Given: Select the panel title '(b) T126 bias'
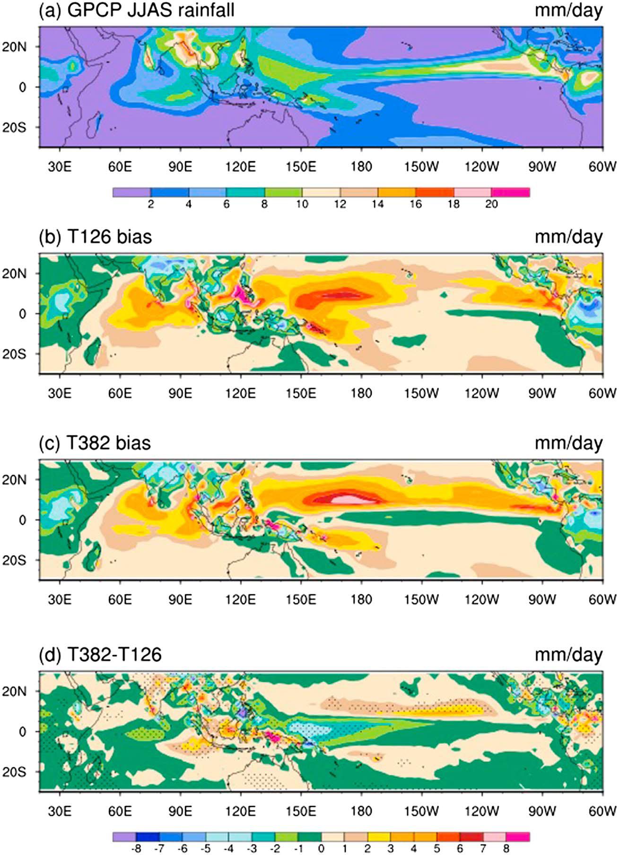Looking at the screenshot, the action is pos(95,236).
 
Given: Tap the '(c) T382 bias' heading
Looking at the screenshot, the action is pos(95,443).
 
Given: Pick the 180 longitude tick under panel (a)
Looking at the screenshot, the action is pos(361,167).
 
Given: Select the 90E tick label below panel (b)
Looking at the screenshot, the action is pos(180,393).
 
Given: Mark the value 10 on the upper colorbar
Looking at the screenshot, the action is pos(302,204).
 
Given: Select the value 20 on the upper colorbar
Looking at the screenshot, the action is pos(492,204).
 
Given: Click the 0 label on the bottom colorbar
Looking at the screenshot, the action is pos(322,849).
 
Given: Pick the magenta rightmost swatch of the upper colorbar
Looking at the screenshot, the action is pos(511,192).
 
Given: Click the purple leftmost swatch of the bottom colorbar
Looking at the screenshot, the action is pos(124,837).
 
